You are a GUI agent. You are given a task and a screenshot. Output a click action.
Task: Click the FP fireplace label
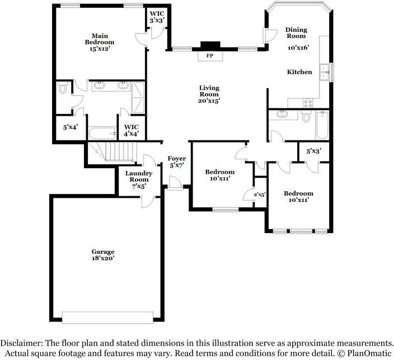pyautogui.click(x=210, y=56)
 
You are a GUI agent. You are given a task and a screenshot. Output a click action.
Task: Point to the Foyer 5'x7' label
pyautogui.click(x=177, y=162)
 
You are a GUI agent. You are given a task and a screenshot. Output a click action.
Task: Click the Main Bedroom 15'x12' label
pyautogui.click(x=100, y=42)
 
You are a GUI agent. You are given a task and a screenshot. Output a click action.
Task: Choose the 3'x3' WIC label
pyautogui.click(x=156, y=17)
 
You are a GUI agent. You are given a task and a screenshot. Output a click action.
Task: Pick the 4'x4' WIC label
pyautogui.click(x=131, y=130)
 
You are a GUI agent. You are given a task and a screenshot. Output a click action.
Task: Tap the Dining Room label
pyautogui.click(x=296, y=33)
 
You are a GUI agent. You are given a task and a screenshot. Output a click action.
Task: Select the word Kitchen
pyautogui.click(x=299, y=72)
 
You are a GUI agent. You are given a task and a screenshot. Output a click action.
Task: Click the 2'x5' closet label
pyautogui.click(x=259, y=195)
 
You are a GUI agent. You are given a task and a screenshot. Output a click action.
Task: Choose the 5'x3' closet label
pyautogui.click(x=313, y=151)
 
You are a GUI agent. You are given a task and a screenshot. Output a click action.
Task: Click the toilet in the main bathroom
pyautogui.click(x=63, y=88)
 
